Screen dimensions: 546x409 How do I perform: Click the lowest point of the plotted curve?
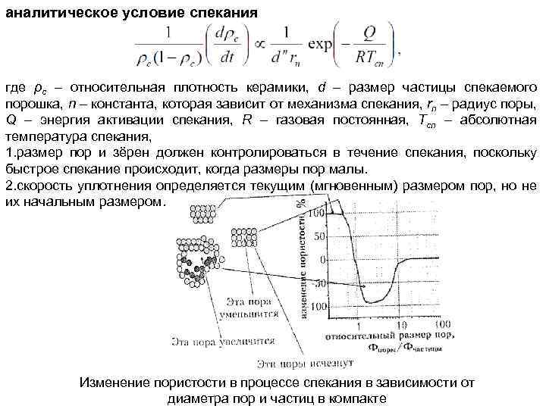[x=372, y=302]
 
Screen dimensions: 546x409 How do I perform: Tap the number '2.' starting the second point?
[x=10, y=186]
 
